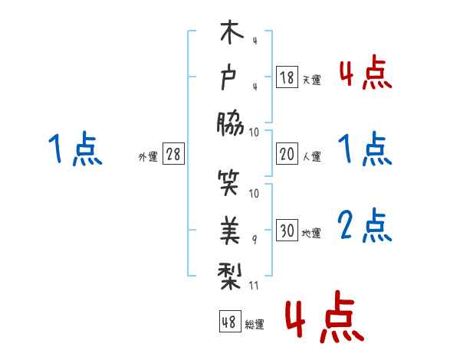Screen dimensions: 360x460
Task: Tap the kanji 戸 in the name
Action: click(230, 78)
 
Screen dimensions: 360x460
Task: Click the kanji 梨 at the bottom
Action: click(230, 272)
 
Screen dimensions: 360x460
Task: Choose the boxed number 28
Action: click(173, 154)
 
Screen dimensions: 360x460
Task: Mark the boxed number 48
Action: click(228, 322)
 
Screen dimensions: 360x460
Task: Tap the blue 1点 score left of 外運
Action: click(74, 149)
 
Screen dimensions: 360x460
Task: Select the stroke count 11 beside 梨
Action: click(255, 285)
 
